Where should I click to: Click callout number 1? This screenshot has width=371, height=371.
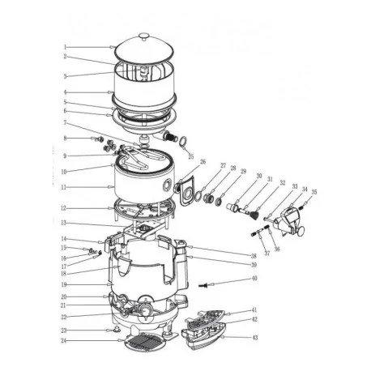click(65, 47)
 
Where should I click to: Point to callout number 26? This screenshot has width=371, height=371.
click(203, 162)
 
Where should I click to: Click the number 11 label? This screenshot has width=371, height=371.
click(65, 186)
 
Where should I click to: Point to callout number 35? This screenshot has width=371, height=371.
click(292, 192)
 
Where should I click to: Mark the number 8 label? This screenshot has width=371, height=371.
click(65, 139)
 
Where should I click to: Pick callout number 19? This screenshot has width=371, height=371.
click(65, 285)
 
